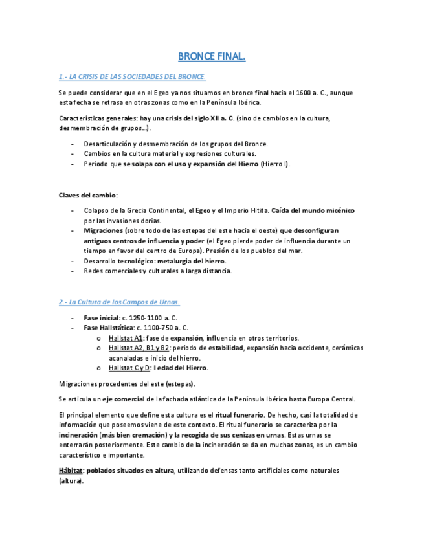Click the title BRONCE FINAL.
212,57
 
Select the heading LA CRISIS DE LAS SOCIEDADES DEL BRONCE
132,77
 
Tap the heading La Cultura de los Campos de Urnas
119,302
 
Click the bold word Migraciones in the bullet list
103,230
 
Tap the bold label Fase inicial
101,318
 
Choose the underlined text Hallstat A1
126,338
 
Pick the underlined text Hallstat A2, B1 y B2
139,348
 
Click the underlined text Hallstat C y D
129,368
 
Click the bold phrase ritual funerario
239,414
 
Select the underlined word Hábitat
71,471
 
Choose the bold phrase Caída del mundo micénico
313,211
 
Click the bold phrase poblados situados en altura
130,471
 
